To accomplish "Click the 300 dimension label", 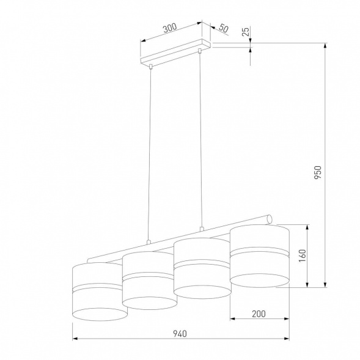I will point(170,28).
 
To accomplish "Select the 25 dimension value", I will point(245,32).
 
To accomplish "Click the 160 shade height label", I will point(301,255).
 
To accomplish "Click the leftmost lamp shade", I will point(100,291).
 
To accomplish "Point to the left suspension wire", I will point(149,153).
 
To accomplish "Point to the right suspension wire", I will point(200,141).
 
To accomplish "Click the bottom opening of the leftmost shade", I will point(100,314).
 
